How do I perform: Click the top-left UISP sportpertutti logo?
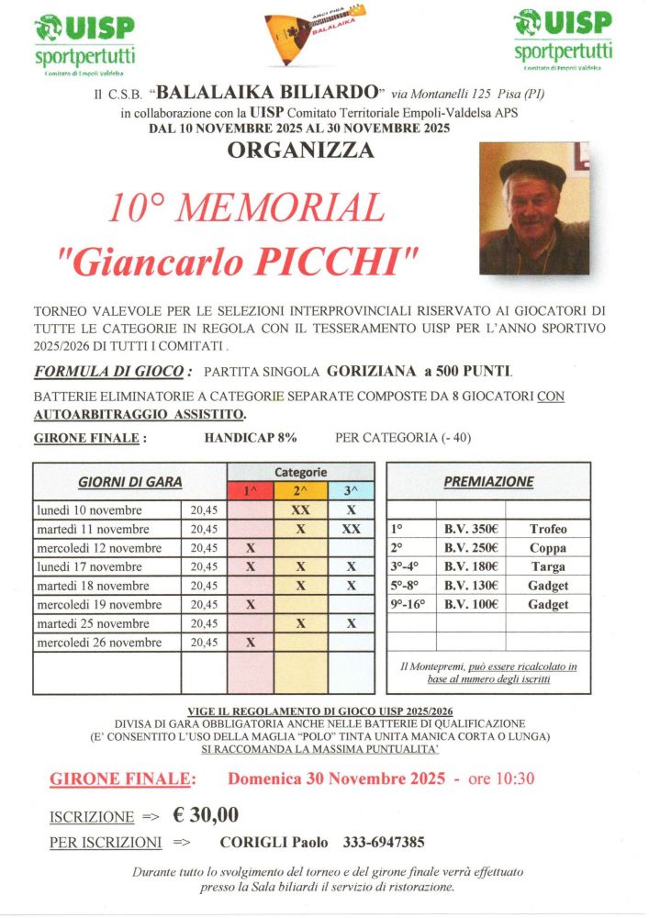[84, 41]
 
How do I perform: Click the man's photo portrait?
[534, 208]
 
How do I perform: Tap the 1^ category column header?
[251, 491]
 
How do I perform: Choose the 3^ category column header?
[351, 491]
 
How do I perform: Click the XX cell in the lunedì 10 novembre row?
[300, 510]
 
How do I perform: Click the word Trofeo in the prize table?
[548, 530]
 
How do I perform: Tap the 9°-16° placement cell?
[408, 605]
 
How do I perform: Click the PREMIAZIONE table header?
[488, 481]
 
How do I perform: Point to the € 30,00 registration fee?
[207, 814]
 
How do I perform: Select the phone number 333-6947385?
[383, 843]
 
